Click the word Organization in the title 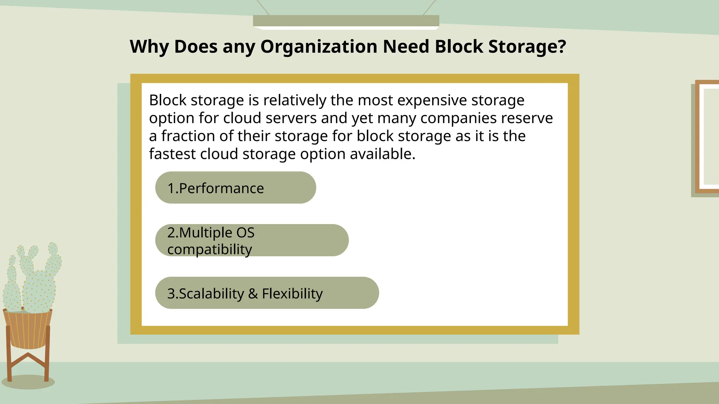pos(318,47)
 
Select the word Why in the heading pos(149,47)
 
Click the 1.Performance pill pos(235,188)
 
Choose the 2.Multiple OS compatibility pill pos(252,240)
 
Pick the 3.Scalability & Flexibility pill pos(267,293)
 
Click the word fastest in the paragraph pos(172,154)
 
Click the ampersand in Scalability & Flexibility pos(253,294)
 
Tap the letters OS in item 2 pos(245,233)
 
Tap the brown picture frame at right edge pos(706,137)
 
